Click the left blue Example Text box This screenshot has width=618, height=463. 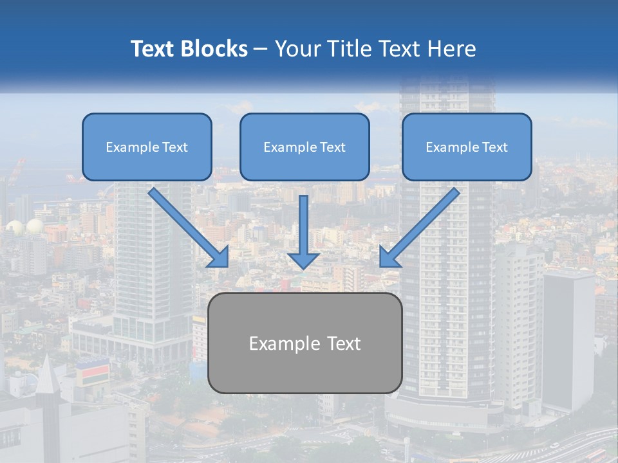pyautogui.click(x=147, y=147)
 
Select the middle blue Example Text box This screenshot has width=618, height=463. pyautogui.click(x=304, y=147)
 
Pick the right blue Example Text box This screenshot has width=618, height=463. pyautogui.click(x=467, y=147)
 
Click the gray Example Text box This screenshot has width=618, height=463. pyautogui.click(x=305, y=343)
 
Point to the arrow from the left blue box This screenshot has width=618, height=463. pyautogui.click(x=186, y=225)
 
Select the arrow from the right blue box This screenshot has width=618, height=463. pyautogui.click(x=422, y=225)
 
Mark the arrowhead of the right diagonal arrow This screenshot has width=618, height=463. pyautogui.click(x=389, y=257)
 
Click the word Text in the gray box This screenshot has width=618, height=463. pyautogui.click(x=341, y=343)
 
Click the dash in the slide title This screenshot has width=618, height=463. pyautogui.click(x=261, y=50)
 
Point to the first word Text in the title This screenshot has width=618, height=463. pyautogui.click(x=153, y=49)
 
